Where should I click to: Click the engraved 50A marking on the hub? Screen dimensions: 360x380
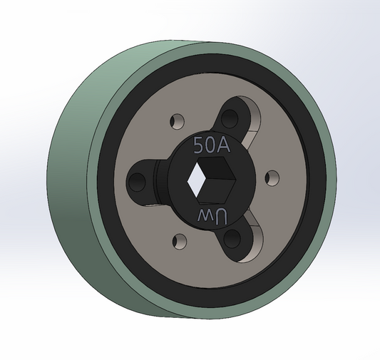(x=211, y=145)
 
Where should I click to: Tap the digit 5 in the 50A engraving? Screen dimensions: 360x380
(x=200, y=145)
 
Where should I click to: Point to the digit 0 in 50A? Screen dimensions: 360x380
(x=211, y=145)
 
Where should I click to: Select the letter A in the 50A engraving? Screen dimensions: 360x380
(x=222, y=145)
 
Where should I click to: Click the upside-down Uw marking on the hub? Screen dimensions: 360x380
(x=210, y=216)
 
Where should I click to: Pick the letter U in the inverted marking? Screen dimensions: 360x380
(x=220, y=216)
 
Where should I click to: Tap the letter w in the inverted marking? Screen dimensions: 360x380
(x=202, y=216)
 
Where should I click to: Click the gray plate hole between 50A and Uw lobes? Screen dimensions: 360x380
(x=270, y=175)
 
